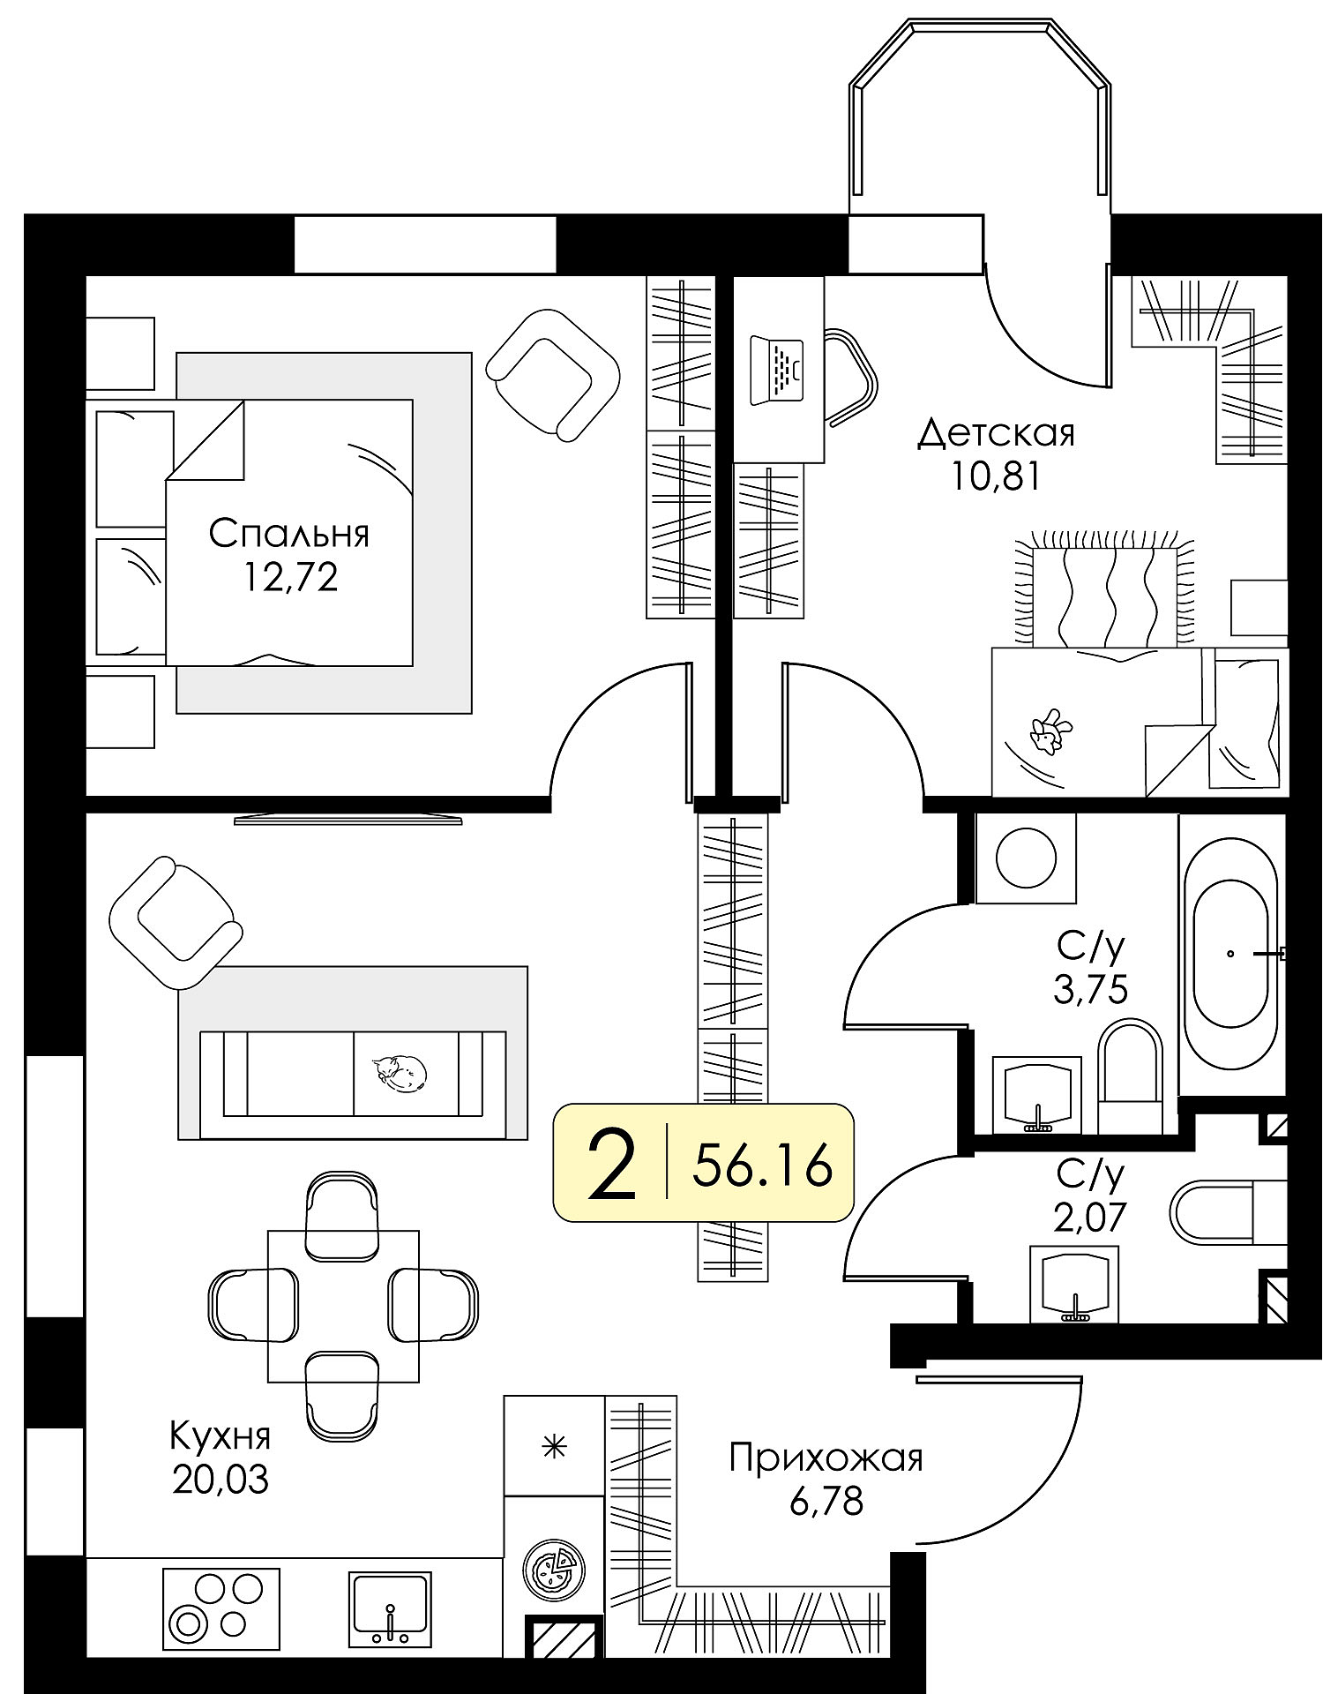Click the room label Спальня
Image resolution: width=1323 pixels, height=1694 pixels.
coord(288,536)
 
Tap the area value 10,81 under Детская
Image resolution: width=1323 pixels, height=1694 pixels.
coord(996,476)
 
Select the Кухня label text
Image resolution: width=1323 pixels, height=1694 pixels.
coord(220,1436)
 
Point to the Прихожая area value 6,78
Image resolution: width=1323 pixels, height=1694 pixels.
coord(826,1500)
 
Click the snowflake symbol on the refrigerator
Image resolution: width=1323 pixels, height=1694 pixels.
coord(554,1446)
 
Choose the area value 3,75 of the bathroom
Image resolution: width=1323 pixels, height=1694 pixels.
coord(1090,990)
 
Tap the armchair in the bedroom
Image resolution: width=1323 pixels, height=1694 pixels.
coord(553,373)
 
